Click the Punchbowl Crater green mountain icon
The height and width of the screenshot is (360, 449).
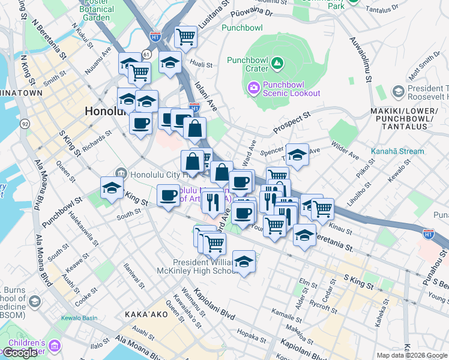pyautogui.click(x=277, y=62)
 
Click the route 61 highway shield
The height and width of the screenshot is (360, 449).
pyautogui.click(x=146, y=55)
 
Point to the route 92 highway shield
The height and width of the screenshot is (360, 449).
pyautogui.click(x=25, y=124)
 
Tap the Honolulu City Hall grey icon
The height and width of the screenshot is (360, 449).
pyautogui.click(x=121, y=173)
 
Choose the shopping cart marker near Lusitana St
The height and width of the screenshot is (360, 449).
pyautogui.click(x=186, y=37)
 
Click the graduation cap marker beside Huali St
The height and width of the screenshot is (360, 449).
pyautogui.click(x=170, y=62)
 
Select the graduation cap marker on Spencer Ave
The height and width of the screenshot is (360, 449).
pyautogui.click(x=297, y=155)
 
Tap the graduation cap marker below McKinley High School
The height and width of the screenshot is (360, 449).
pyautogui.click(x=243, y=262)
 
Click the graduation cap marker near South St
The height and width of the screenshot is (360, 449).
pyautogui.click(x=112, y=188)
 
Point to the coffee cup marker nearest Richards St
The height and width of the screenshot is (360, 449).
pyautogui.click(x=141, y=124)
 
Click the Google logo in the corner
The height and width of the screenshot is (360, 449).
pyautogui.click(x=20, y=353)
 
